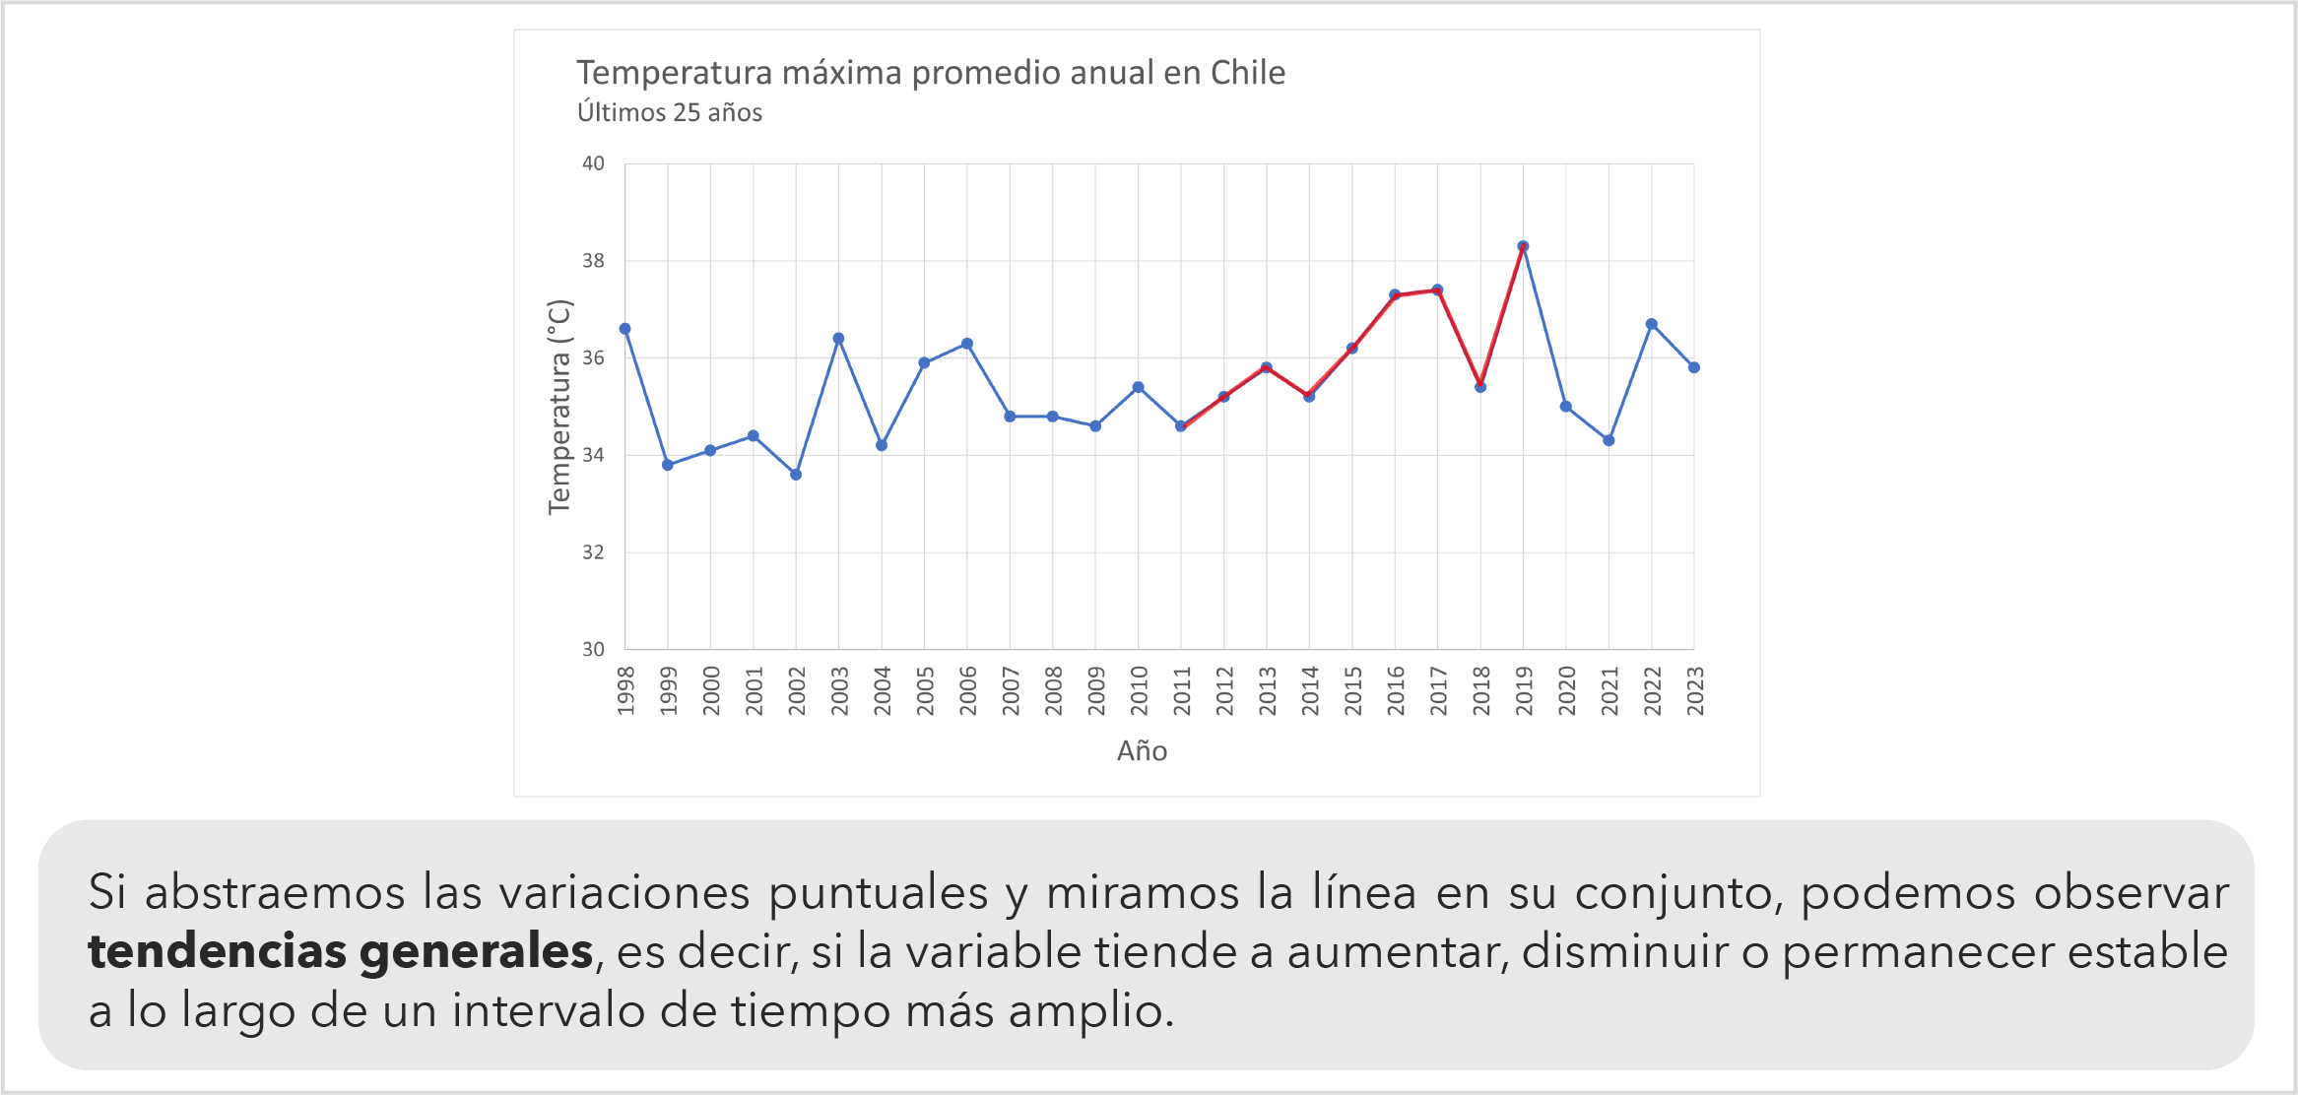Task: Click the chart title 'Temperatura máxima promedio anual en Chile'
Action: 930,73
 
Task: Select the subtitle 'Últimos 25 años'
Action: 669,113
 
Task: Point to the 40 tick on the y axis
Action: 593,163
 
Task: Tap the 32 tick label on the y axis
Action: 593,552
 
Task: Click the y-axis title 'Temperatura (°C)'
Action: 559,406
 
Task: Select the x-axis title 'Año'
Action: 1142,751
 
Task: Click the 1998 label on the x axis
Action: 625,690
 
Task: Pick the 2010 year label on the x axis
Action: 1139,690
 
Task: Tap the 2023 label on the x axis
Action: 1694,690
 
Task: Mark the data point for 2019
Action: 1523,246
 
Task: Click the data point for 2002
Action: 796,475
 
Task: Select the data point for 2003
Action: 838,339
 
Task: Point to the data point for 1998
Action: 625,329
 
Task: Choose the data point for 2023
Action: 1694,367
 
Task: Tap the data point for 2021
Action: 1609,440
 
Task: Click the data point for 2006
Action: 967,344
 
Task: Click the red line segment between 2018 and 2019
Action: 1502,315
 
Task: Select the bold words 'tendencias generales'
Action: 340,952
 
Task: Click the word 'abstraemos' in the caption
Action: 275,893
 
